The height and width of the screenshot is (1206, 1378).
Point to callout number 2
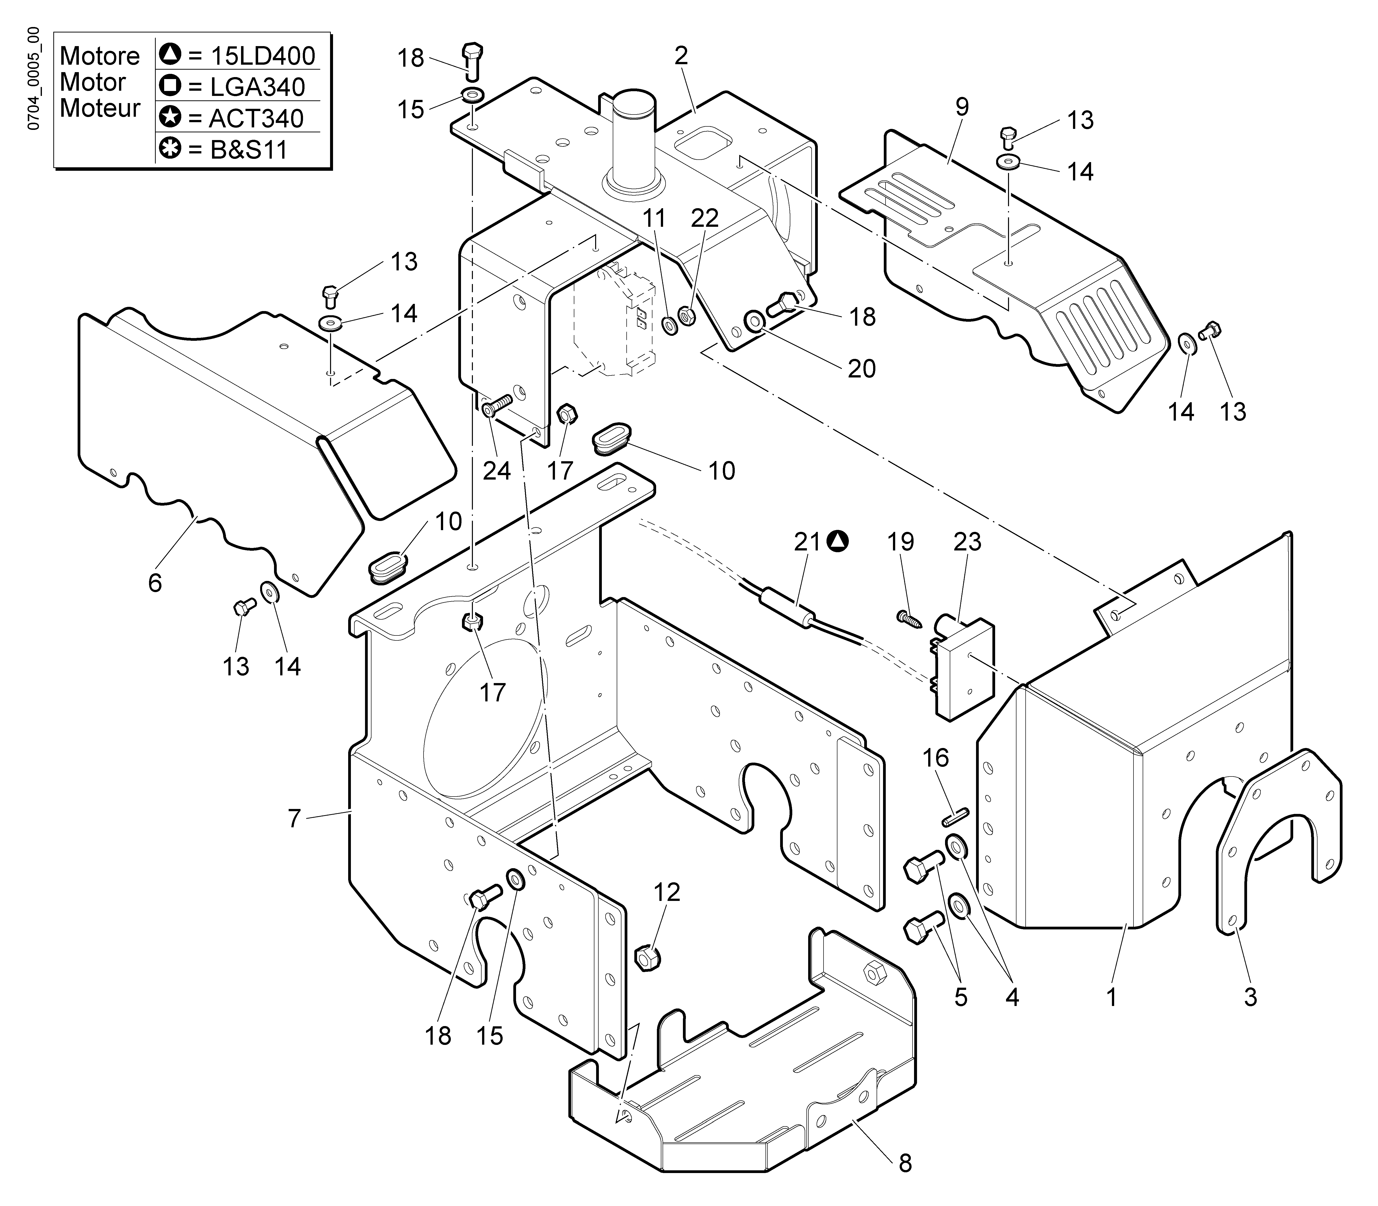coord(681,56)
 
